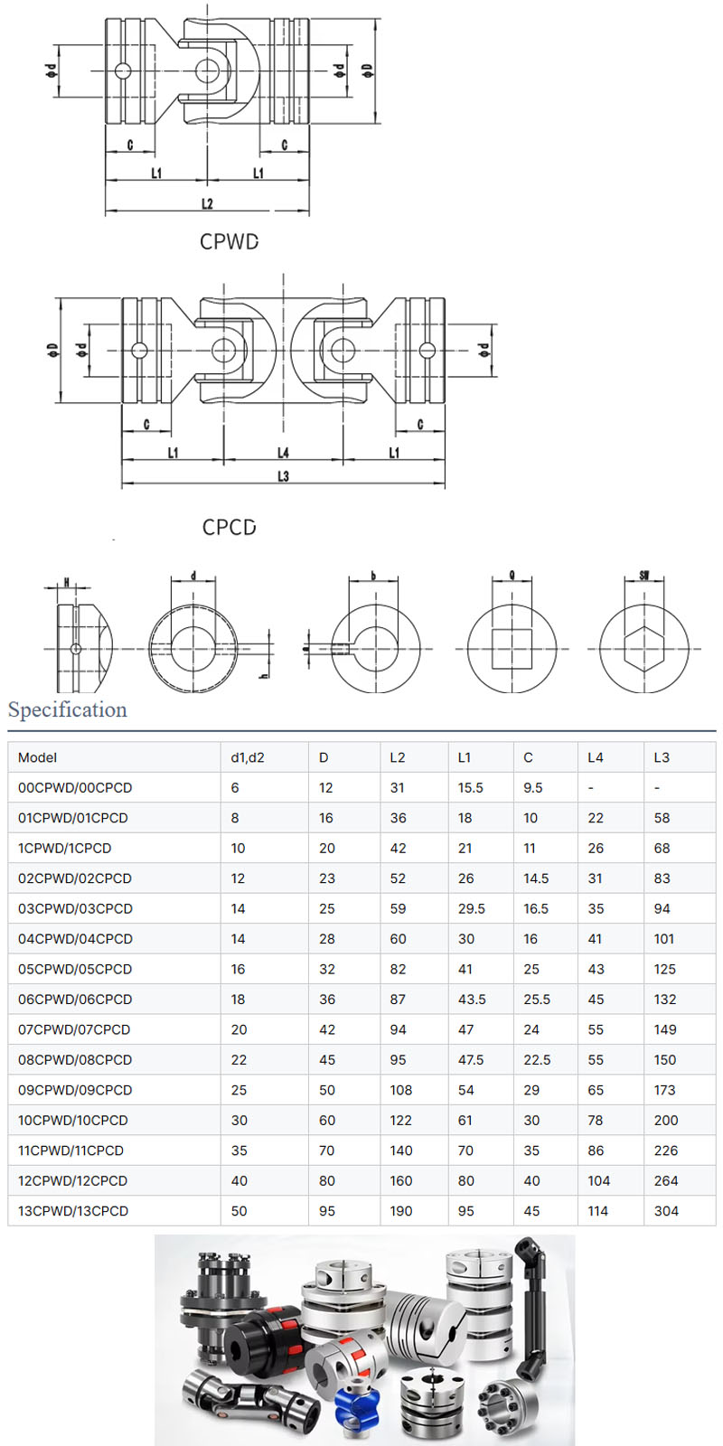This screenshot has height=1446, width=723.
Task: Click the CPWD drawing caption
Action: pyautogui.click(x=229, y=242)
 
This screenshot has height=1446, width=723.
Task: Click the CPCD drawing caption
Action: pyautogui.click(x=229, y=527)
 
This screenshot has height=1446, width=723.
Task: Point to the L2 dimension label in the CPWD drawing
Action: pyautogui.click(x=207, y=203)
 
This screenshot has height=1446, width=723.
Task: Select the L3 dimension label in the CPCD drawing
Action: pyautogui.click(x=283, y=476)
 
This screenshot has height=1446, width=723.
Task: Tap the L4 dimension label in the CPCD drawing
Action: pyautogui.click(x=283, y=453)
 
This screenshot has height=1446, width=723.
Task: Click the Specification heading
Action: pyautogui.click(x=68, y=710)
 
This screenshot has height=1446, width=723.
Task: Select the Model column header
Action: pyautogui.click(x=37, y=757)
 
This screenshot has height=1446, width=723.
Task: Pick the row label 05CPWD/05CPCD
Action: pyautogui.click(x=75, y=969)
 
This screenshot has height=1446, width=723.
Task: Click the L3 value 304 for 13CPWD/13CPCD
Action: pyautogui.click(x=666, y=1211)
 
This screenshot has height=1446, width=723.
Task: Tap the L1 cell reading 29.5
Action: pyautogui.click(x=472, y=908)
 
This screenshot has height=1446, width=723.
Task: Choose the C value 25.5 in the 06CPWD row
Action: pyautogui.click(x=537, y=1000)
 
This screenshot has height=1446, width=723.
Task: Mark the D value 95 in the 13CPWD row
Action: pyautogui.click(x=326, y=1211)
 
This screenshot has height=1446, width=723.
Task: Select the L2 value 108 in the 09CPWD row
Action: pyautogui.click(x=401, y=1090)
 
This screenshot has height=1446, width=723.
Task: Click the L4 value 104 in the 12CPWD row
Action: pyautogui.click(x=598, y=1180)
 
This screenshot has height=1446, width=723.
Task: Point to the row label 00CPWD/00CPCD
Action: pyautogui.click(x=75, y=788)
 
